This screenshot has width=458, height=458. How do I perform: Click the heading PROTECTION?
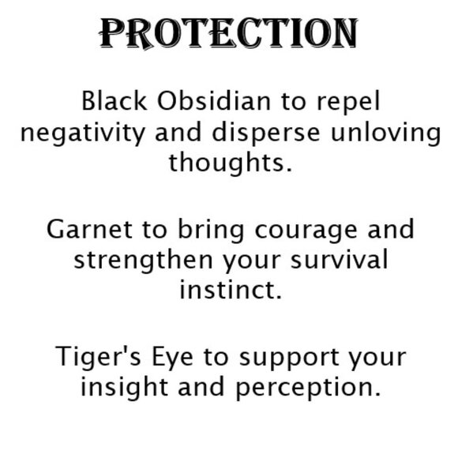[x=228, y=32]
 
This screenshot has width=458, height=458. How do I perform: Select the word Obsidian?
[x=197, y=103]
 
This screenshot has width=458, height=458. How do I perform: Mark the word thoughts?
[x=230, y=163]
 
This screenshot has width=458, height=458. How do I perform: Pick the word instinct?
[x=229, y=290]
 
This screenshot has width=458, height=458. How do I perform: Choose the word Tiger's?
[x=98, y=357]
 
